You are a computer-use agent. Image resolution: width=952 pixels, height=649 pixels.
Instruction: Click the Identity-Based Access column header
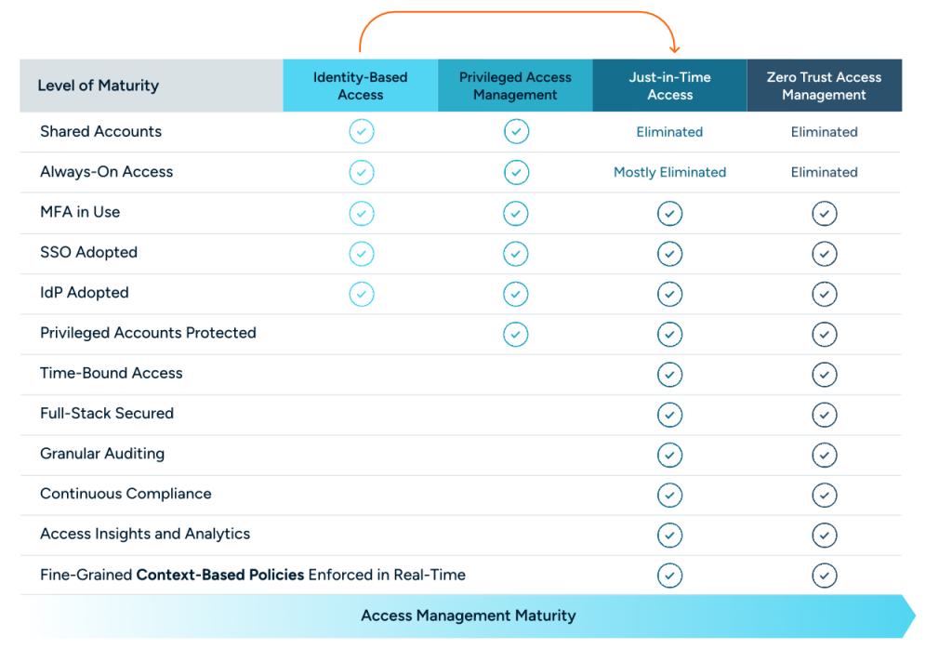pyautogui.click(x=360, y=86)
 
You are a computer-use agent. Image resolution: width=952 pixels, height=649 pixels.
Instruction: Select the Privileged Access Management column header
pyautogui.click(x=515, y=86)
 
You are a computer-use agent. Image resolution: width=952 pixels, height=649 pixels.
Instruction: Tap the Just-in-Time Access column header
pyautogui.click(x=669, y=86)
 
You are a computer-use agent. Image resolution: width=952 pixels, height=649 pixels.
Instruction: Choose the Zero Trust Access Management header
pyautogui.click(x=824, y=86)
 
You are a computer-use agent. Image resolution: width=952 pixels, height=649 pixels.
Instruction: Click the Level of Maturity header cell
pyautogui.click(x=98, y=86)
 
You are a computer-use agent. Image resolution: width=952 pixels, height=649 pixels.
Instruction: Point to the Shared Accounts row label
pyautogui.click(x=100, y=131)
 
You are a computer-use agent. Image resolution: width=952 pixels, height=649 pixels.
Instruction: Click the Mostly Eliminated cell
pyautogui.click(x=669, y=172)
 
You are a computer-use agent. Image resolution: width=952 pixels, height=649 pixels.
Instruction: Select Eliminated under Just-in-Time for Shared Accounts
pyautogui.click(x=669, y=132)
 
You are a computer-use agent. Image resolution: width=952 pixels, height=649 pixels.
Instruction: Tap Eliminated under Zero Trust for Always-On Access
pyautogui.click(x=824, y=172)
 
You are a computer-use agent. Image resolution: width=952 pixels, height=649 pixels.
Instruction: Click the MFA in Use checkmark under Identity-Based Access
pyautogui.click(x=362, y=214)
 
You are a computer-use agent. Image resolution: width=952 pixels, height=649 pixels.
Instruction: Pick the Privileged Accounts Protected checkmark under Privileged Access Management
pyautogui.click(x=516, y=334)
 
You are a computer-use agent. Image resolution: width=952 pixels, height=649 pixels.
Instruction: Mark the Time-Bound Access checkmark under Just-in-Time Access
pyautogui.click(x=669, y=375)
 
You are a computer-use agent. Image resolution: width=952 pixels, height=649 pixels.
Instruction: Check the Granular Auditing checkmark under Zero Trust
pyautogui.click(x=824, y=455)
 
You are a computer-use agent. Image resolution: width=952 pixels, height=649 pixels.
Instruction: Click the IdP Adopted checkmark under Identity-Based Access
pyautogui.click(x=362, y=294)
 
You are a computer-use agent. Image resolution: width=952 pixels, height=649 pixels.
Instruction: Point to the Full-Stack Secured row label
pyautogui.click(x=107, y=413)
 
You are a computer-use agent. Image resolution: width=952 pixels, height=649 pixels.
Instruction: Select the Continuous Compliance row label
pyautogui.click(x=126, y=494)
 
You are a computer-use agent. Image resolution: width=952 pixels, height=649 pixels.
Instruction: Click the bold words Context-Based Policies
pyautogui.click(x=220, y=575)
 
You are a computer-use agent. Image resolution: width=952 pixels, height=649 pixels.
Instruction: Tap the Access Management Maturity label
pyautogui.click(x=468, y=616)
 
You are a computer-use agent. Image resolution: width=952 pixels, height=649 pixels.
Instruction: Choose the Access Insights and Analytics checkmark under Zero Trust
pyautogui.click(x=824, y=535)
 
